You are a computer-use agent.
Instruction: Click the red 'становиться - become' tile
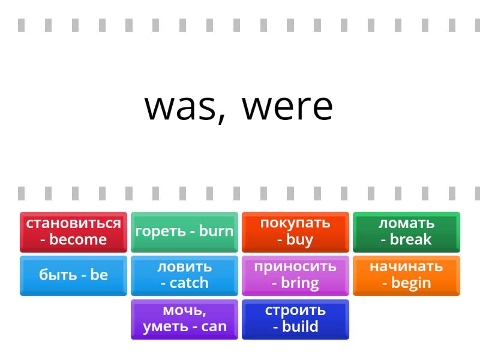[x=73, y=232]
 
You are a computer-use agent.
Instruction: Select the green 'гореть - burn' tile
[x=184, y=232]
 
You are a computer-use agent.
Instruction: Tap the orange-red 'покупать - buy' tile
[x=295, y=232]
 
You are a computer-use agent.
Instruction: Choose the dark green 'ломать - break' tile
[x=406, y=232]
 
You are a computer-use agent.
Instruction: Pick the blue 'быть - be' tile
[x=73, y=275]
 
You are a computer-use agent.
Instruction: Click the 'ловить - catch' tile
[x=184, y=275]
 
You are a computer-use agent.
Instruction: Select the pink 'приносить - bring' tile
[x=295, y=275]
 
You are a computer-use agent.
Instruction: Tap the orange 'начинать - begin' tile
[x=406, y=275]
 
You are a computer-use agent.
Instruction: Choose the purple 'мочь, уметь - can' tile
[x=184, y=319]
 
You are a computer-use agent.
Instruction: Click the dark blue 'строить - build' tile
[x=295, y=319]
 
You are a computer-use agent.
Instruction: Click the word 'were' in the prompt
[x=287, y=107]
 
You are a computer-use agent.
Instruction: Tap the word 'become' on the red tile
[x=78, y=239]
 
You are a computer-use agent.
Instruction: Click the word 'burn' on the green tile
[x=216, y=231]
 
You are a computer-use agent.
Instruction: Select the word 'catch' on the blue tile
[x=189, y=283]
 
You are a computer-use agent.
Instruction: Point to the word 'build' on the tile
[x=300, y=326]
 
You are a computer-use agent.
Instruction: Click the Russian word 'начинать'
[x=406, y=266]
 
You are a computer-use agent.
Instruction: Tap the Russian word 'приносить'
[x=295, y=266]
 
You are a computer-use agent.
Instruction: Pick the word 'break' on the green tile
[x=410, y=239]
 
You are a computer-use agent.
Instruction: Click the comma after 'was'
[x=221, y=119]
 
